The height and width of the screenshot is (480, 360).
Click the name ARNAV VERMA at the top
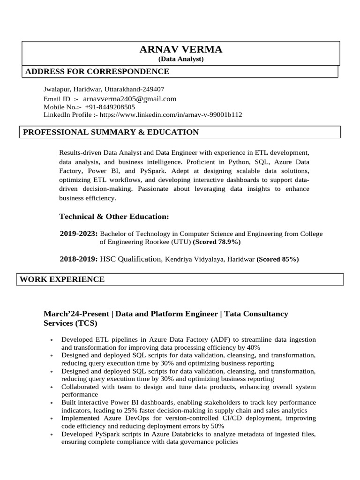pos(181,50)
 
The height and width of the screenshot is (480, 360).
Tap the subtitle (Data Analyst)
pos(181,59)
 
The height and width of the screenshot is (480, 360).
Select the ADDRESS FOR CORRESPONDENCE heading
pos(97,71)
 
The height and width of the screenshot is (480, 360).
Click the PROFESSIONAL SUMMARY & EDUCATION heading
pos(111,132)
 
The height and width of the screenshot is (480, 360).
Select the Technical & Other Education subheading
pos(114,216)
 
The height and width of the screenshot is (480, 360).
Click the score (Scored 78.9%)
pos(217,242)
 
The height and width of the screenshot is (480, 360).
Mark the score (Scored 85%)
pos(277,259)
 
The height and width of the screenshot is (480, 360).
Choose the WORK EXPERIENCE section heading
pos(62,279)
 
